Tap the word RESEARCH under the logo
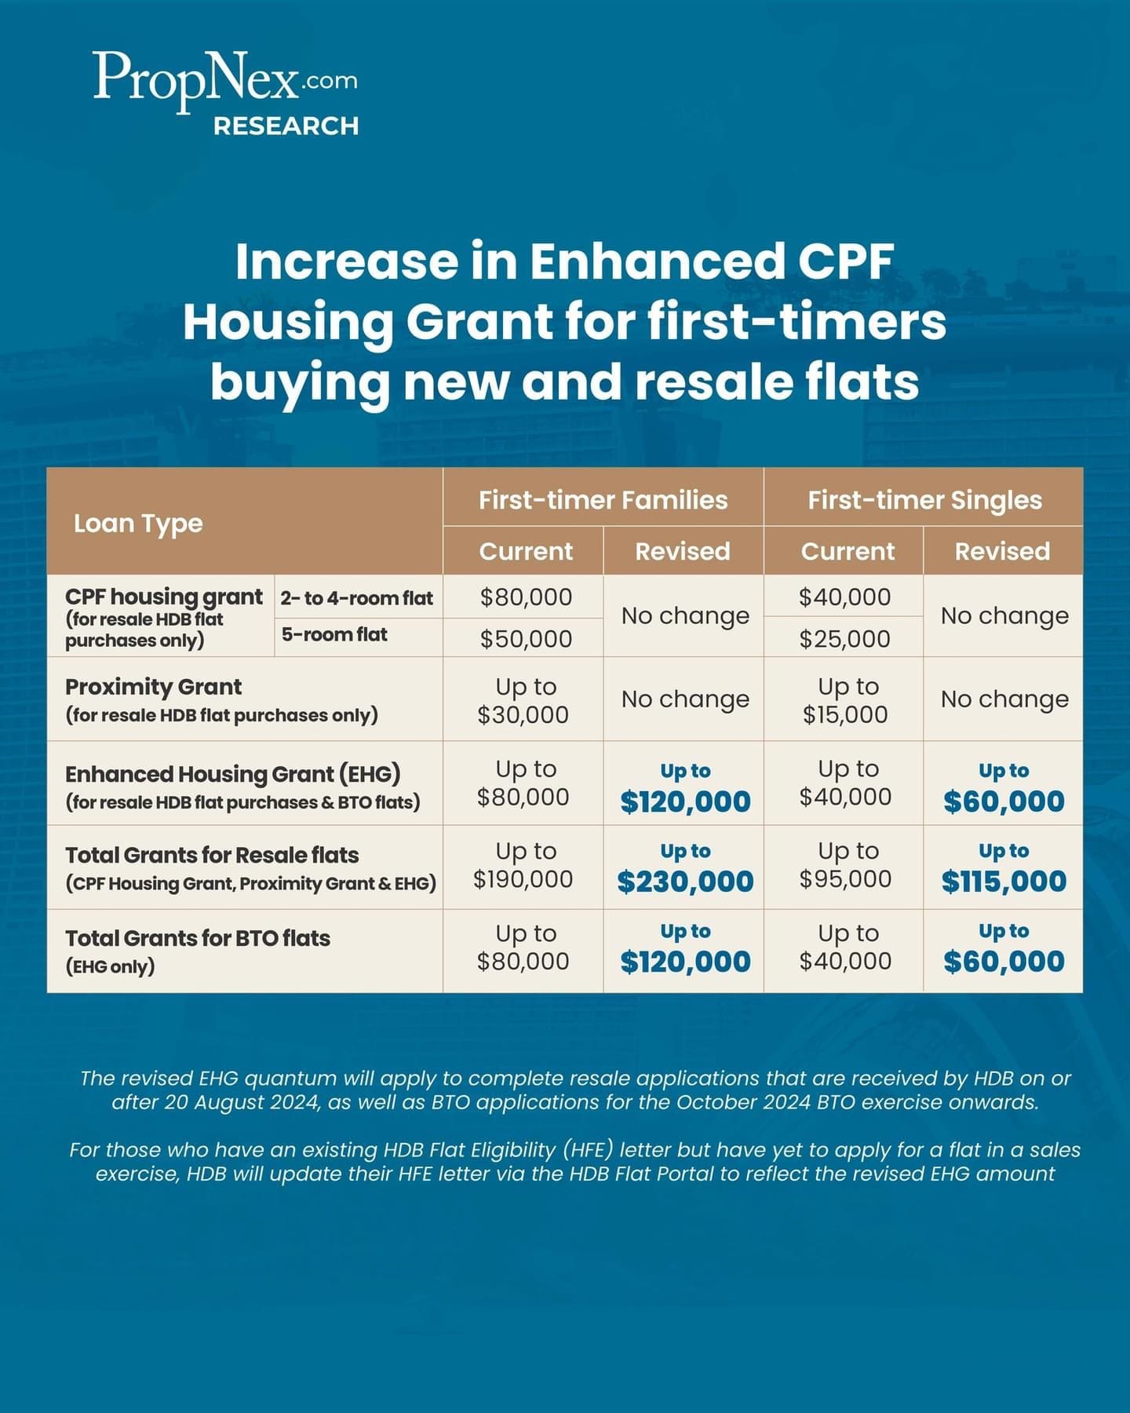[x=286, y=126]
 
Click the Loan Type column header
[x=138, y=523]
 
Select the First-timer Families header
[x=603, y=499]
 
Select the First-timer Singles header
[x=924, y=499]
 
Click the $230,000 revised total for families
[x=685, y=882]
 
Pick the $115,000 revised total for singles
[x=1004, y=882]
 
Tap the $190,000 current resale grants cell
[x=523, y=878]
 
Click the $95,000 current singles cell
[x=845, y=878]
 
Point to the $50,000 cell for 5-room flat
[x=526, y=638]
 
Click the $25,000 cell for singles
[x=845, y=638]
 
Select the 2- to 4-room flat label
[x=357, y=598]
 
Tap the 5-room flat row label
[x=334, y=634]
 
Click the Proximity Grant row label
[x=154, y=687]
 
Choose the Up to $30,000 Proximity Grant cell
[x=523, y=700]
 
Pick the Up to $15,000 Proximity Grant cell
[x=845, y=700]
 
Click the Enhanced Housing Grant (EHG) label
[x=233, y=774]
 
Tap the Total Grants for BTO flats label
[x=198, y=938]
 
